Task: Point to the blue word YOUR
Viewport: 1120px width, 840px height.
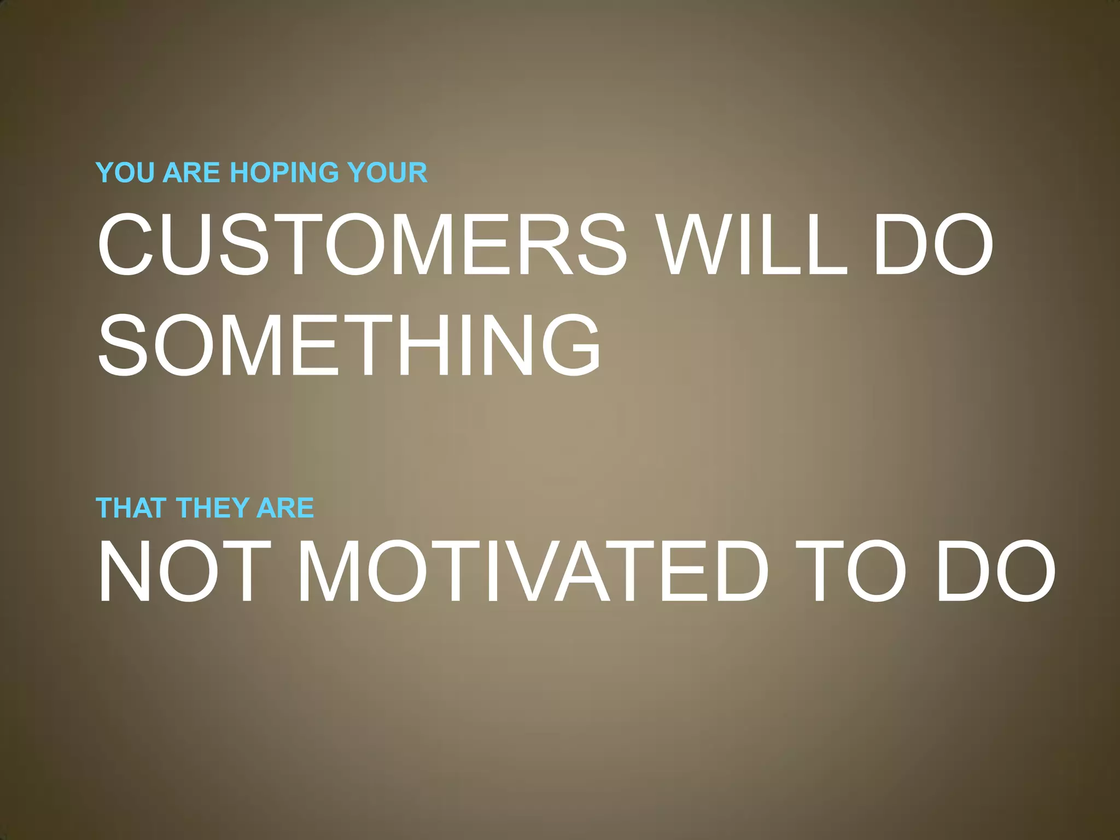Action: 389,173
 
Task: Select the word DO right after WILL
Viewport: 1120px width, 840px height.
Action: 933,244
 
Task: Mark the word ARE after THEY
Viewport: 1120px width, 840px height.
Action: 285,508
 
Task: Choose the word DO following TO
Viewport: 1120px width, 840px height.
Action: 995,571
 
